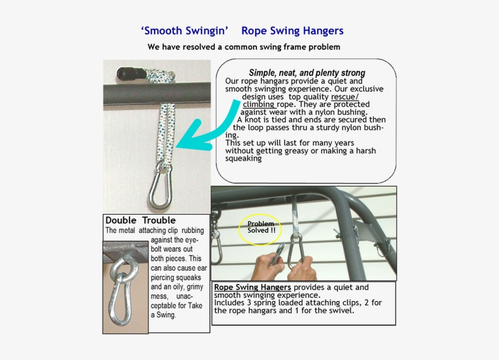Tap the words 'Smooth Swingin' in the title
point(184,31)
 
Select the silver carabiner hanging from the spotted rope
point(162,186)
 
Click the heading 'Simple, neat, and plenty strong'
point(307,72)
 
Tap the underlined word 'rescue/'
point(344,97)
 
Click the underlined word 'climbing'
point(259,105)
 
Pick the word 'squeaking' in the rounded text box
point(243,158)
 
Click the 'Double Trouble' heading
point(141,220)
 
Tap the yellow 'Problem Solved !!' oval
point(260,227)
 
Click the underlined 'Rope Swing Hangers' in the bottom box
point(252,287)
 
